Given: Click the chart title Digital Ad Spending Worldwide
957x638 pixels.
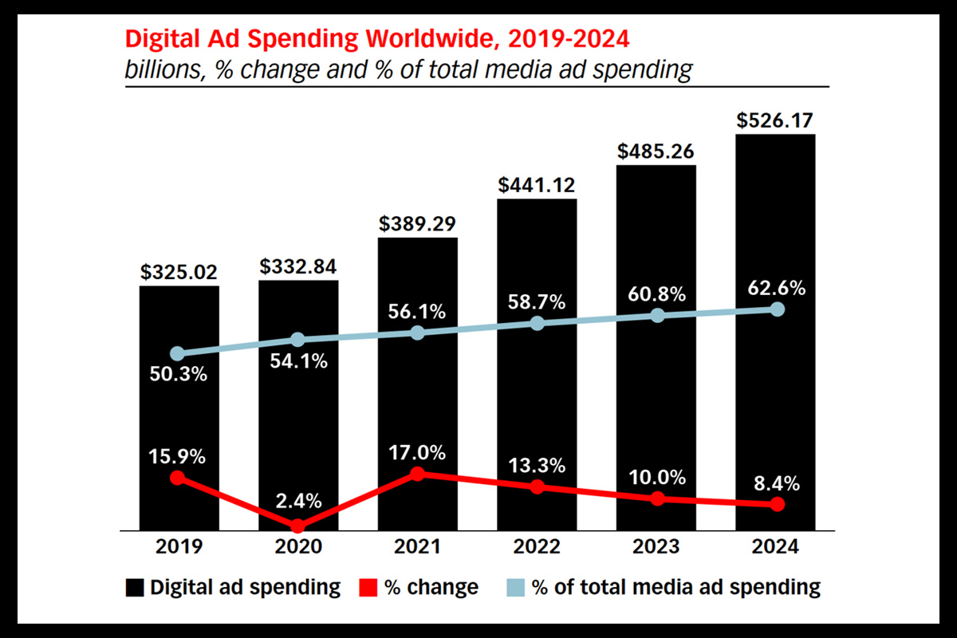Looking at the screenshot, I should [375, 39].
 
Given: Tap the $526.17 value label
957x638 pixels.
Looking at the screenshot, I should [775, 122].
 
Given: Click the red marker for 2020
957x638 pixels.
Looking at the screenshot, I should [297, 526].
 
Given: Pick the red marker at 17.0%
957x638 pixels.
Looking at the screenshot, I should [417, 474].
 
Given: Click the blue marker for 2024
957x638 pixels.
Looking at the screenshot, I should [778, 309].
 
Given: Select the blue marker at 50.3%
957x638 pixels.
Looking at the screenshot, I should [178, 353].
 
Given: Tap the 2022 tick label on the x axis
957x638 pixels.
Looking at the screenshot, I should [537, 548].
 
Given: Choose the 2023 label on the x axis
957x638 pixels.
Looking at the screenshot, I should [656, 548].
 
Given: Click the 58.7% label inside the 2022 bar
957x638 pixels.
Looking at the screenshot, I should [537, 302].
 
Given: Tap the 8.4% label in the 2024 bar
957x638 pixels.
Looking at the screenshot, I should [776, 483].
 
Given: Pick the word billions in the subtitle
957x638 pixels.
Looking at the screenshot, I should [159, 69].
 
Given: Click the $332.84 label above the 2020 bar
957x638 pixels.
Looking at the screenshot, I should [297, 266].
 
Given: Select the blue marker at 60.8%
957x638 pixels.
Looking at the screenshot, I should [657, 316].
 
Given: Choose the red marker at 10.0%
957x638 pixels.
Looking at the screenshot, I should [657, 498].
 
